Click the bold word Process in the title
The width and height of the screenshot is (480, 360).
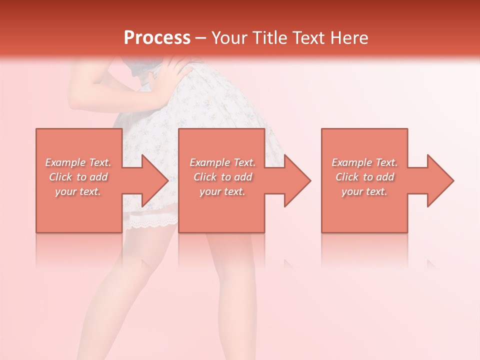click(157, 38)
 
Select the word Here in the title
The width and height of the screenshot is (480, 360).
click(348, 38)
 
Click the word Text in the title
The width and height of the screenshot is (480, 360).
click(309, 38)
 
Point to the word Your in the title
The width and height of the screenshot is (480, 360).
click(231, 38)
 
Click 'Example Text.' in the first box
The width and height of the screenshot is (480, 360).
click(78, 162)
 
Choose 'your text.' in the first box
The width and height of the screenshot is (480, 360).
click(78, 191)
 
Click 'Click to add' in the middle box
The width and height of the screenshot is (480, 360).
click(222, 177)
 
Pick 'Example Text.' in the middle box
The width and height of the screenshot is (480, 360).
click(222, 162)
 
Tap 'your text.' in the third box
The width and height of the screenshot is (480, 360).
click(364, 191)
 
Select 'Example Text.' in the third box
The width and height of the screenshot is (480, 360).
click(364, 162)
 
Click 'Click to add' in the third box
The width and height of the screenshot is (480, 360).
click(364, 177)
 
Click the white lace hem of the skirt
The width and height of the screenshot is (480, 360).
click(150, 220)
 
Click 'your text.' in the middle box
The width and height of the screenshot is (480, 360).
click(222, 191)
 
